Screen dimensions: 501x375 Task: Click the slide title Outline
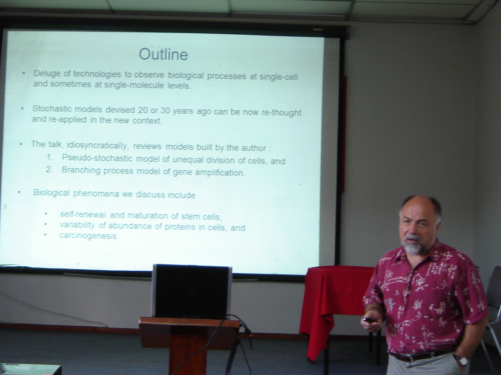[164, 54]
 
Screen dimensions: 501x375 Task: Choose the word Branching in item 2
[81, 171]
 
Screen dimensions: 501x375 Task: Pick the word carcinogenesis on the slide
[88, 236]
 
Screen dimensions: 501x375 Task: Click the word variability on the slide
[77, 225]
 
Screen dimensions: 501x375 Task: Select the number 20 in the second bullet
[143, 111]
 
